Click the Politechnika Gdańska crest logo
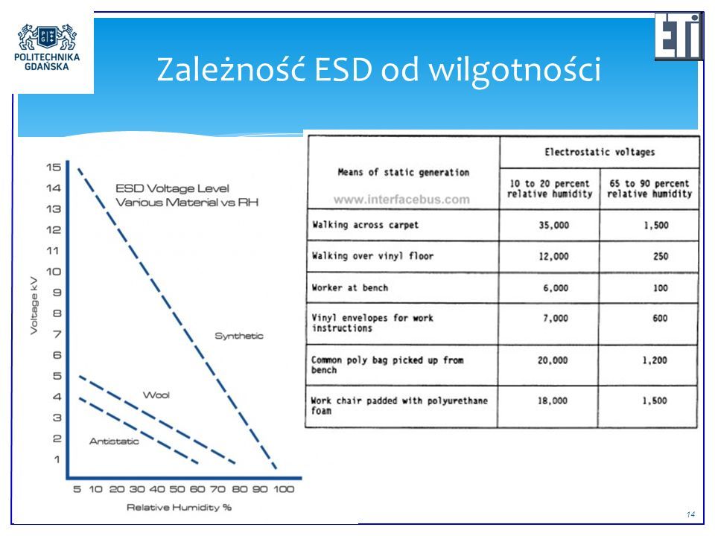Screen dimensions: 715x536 click(x=47, y=37)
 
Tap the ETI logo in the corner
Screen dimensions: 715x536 click(x=679, y=36)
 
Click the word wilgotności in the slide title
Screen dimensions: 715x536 click(x=515, y=71)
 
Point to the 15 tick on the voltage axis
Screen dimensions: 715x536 click(x=54, y=167)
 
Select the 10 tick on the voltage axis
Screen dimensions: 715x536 click(x=54, y=272)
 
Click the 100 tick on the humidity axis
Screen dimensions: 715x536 click(x=284, y=490)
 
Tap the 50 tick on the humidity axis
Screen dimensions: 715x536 click(x=177, y=490)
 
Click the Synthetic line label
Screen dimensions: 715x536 click(x=239, y=336)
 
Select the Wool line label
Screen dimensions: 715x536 click(x=156, y=395)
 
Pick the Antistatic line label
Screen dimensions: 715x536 click(x=114, y=441)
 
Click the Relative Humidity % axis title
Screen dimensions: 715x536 click(x=179, y=507)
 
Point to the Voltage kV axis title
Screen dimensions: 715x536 click(x=34, y=305)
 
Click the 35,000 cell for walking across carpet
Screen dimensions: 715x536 click(x=553, y=225)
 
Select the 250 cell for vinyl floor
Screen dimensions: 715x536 click(x=661, y=256)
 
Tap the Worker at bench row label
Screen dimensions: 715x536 click(x=350, y=287)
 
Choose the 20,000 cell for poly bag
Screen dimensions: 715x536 click(x=553, y=360)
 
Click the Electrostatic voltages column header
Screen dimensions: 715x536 click(x=600, y=152)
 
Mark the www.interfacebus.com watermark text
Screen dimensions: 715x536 click(x=401, y=200)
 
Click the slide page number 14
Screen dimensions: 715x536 click(x=691, y=514)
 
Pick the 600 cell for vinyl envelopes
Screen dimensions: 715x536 click(x=660, y=318)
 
